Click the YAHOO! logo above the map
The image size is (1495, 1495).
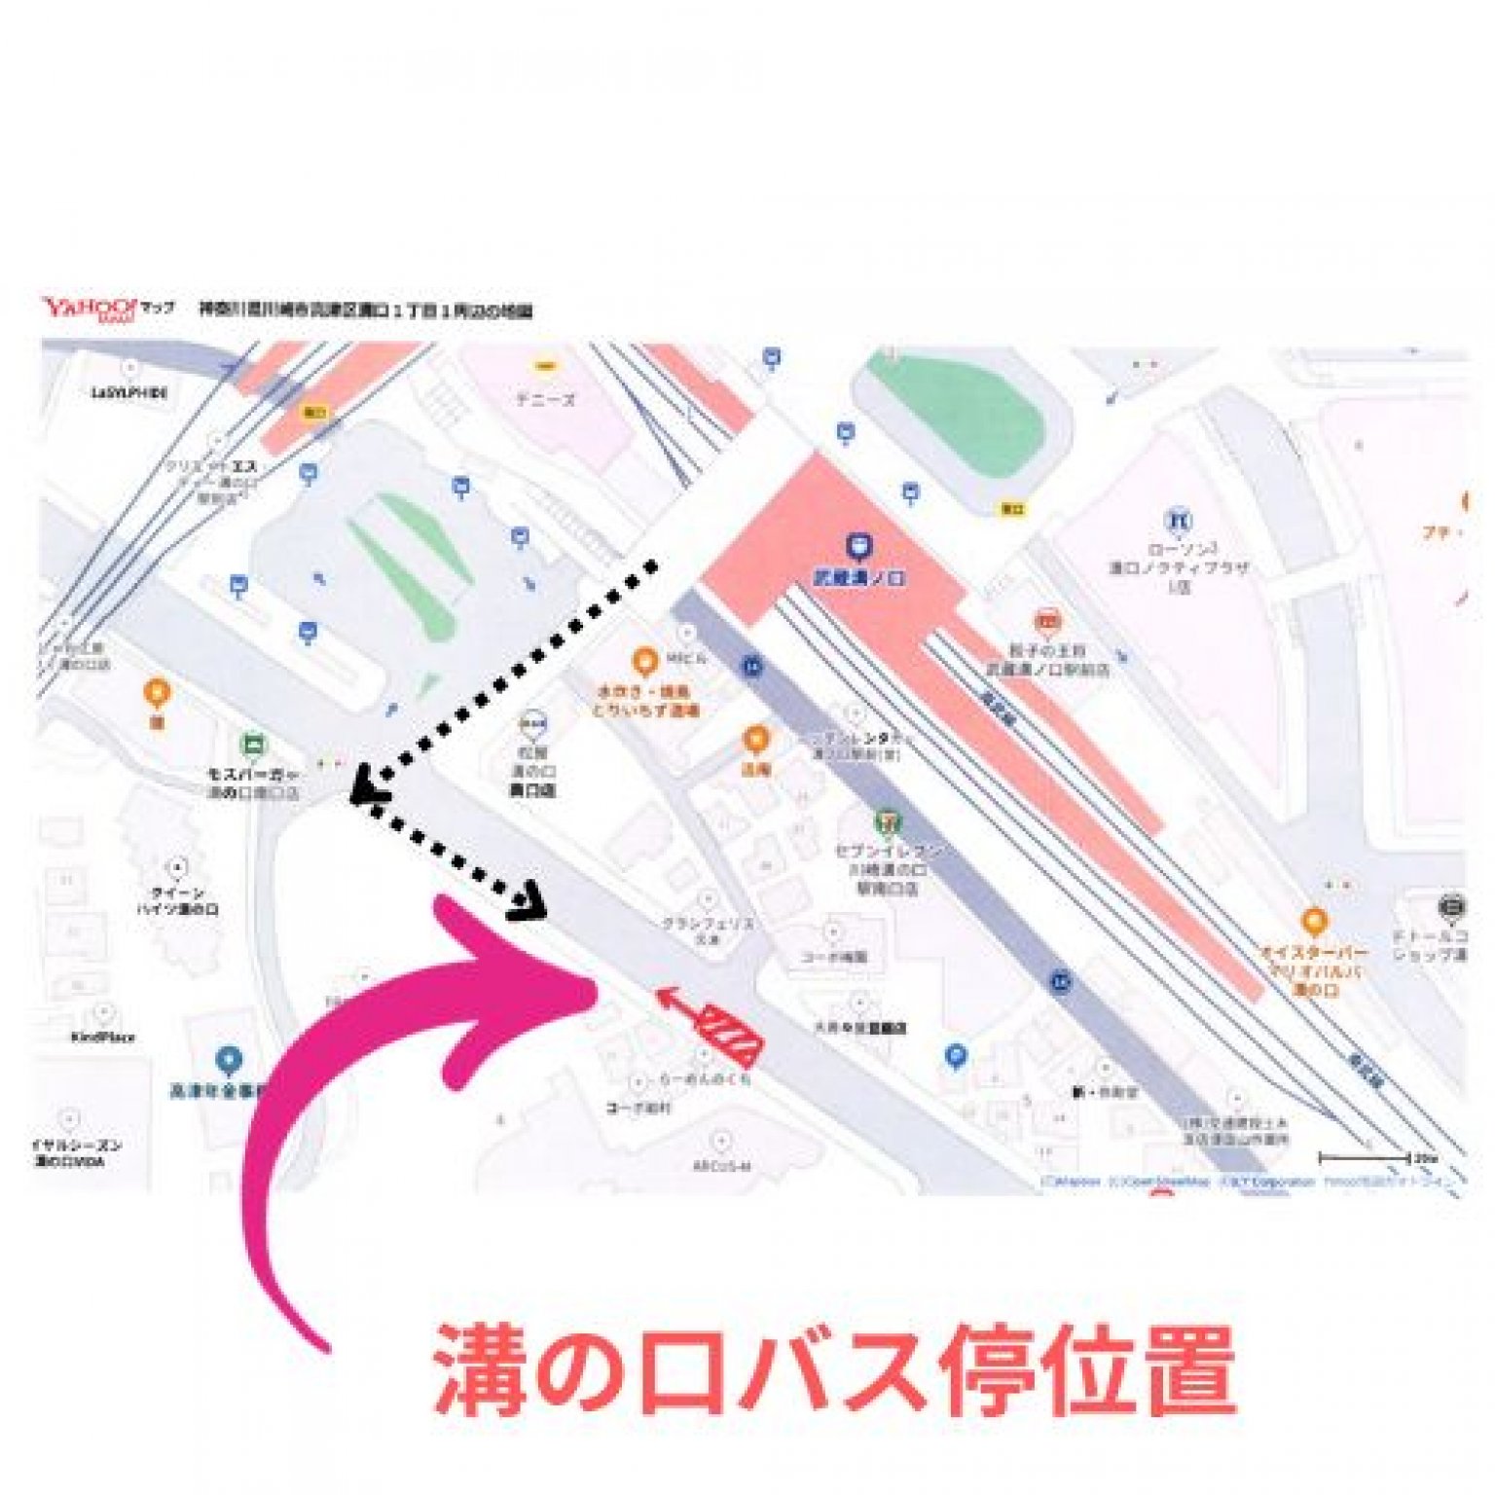click(x=90, y=309)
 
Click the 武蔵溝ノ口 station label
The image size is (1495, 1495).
click(x=859, y=578)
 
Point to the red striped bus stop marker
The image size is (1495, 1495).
click(x=731, y=1033)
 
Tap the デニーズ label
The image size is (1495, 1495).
click(x=545, y=399)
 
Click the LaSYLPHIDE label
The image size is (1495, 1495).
click(x=129, y=392)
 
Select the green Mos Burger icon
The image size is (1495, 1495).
click(x=253, y=746)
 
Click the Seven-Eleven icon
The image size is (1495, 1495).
click(x=887, y=823)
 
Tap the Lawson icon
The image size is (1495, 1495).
click(x=1179, y=521)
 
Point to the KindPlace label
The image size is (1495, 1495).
click(x=102, y=1038)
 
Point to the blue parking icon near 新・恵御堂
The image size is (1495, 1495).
click(x=956, y=1055)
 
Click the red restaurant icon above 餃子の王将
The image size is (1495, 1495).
click(x=1047, y=620)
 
